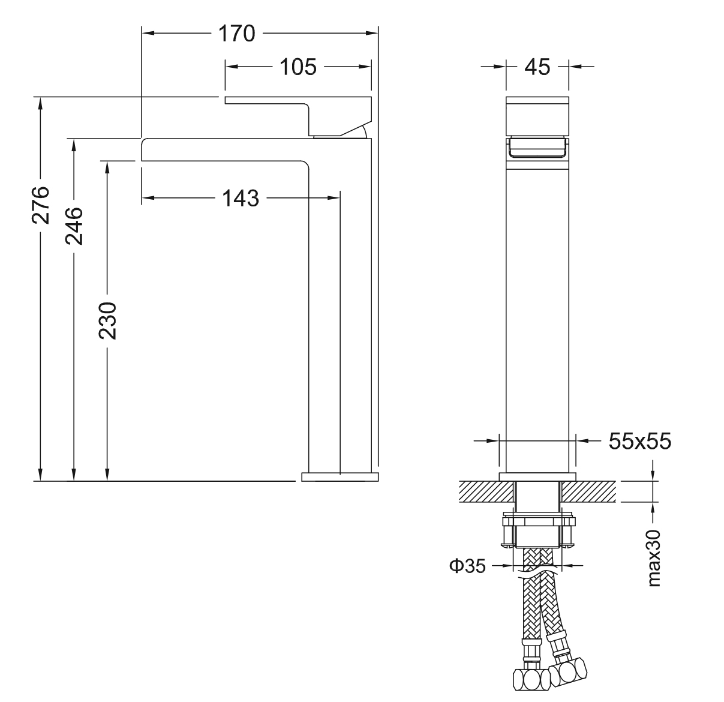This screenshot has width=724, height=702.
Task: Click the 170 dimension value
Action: (x=236, y=34)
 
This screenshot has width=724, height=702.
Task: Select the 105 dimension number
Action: (x=298, y=67)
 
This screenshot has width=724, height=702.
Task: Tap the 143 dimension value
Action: (x=241, y=198)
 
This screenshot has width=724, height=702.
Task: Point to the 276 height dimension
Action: (x=41, y=205)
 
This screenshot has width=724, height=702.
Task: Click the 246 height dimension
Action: (x=74, y=226)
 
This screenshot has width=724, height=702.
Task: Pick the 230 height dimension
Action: (x=107, y=321)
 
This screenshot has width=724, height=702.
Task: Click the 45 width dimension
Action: (x=537, y=67)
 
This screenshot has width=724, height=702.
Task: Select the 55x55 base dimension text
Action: (x=639, y=441)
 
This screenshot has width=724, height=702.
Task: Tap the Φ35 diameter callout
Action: (x=467, y=566)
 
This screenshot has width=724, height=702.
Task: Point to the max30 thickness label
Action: (x=654, y=559)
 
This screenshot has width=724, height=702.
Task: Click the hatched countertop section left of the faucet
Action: (x=486, y=491)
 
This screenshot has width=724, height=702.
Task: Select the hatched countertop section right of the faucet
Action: (x=588, y=491)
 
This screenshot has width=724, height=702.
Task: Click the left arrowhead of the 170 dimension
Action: (x=148, y=33)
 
